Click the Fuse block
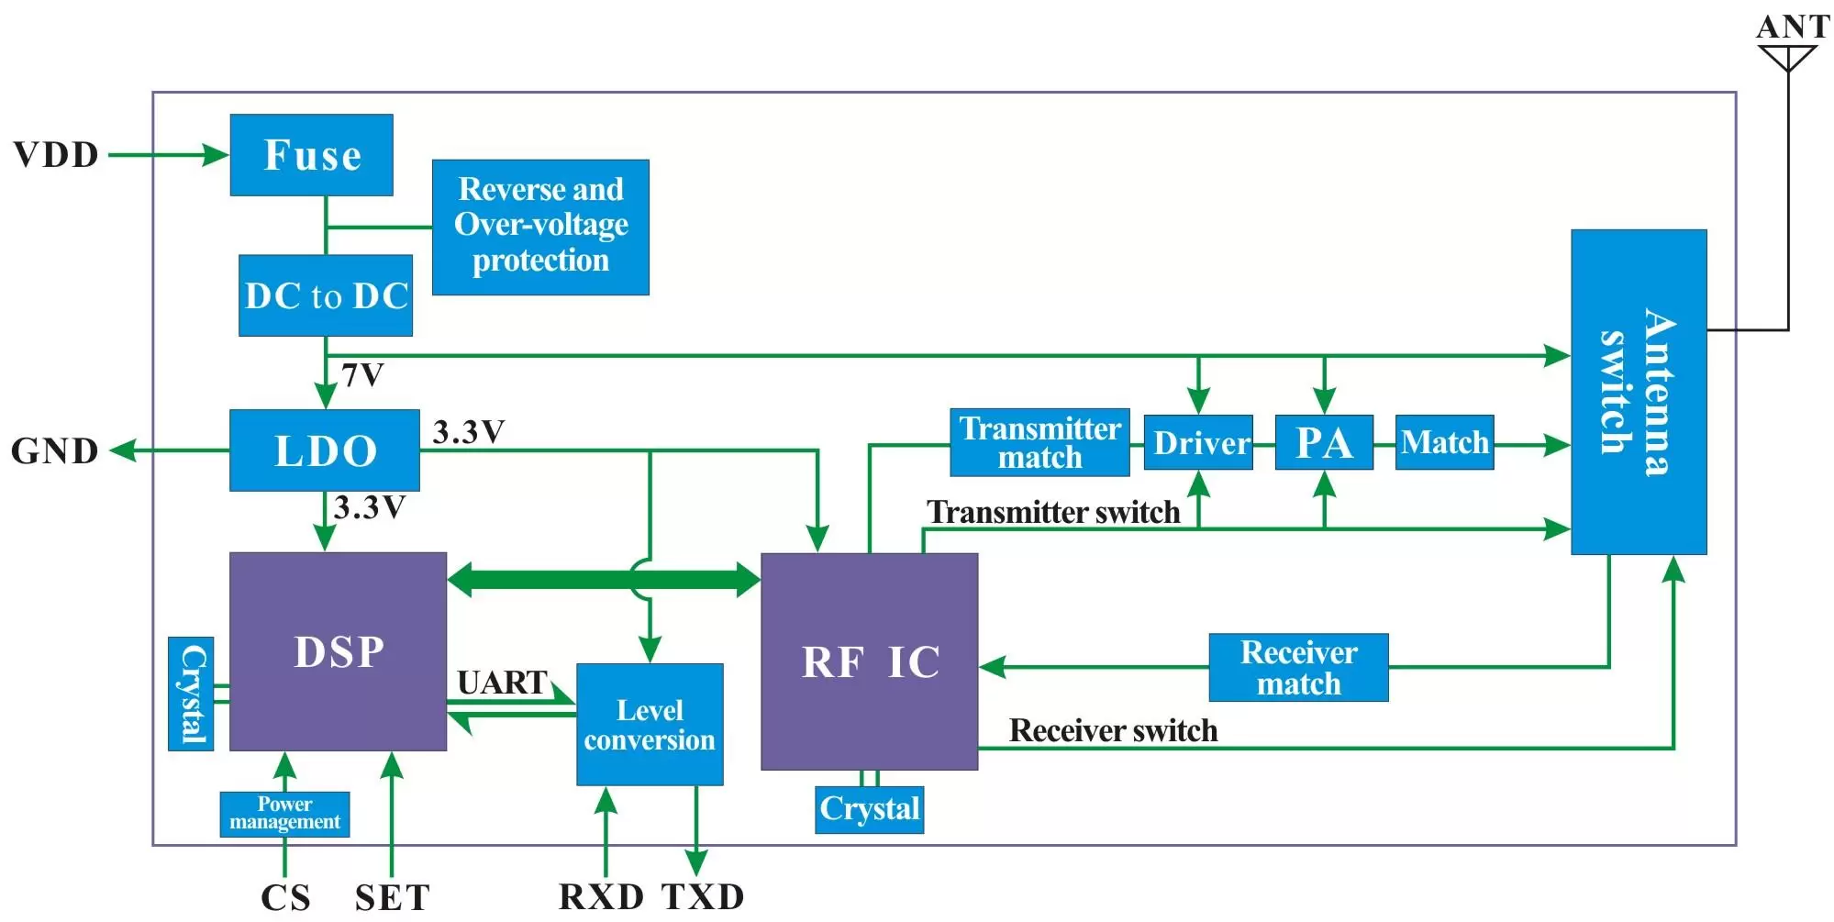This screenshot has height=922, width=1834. [x=311, y=155]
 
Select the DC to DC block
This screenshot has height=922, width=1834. [x=326, y=295]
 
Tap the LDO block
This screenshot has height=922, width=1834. [x=324, y=450]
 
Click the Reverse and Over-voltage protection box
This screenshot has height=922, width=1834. [x=540, y=227]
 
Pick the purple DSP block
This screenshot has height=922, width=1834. [x=338, y=651]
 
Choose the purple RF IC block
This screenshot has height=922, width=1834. [x=869, y=661]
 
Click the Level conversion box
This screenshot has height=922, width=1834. [x=650, y=724]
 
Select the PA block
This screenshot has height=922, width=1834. [x=1324, y=442]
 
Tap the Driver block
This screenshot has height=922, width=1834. [x=1198, y=442]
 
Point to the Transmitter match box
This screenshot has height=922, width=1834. [x=1039, y=442]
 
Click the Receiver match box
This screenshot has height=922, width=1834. [x=1298, y=668]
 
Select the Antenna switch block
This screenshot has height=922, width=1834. [x=1639, y=392]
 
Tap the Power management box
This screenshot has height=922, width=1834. [x=284, y=814]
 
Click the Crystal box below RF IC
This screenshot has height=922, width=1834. [x=869, y=809]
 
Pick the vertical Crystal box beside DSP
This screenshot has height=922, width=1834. [x=191, y=694]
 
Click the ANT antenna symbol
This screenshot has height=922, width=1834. [x=1787, y=57]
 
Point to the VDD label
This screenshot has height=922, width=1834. [x=56, y=155]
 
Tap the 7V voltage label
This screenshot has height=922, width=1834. [x=362, y=375]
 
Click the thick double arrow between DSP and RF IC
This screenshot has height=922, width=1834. [x=603, y=579]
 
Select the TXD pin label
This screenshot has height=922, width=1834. [x=703, y=896]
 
